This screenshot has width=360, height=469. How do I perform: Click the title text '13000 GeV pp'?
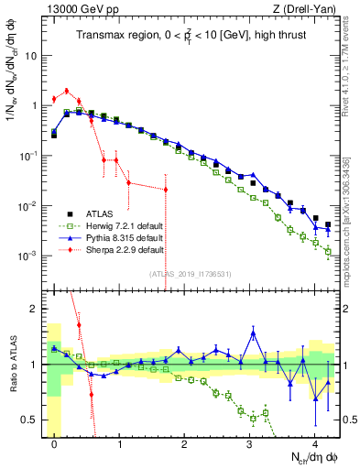[x=77, y=8]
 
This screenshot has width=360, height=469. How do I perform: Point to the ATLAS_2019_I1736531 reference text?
[x=190, y=273]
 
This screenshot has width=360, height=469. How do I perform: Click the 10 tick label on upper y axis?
[x=31, y=55]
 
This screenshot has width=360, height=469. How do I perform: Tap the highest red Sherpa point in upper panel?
[x=67, y=91]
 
